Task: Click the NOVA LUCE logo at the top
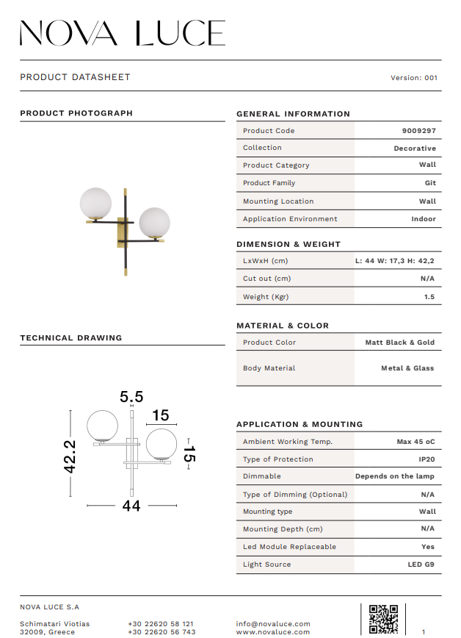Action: [122, 33]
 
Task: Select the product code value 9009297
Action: [418, 131]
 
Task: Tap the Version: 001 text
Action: [414, 77]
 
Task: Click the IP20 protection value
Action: [426, 459]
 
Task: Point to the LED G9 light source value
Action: [421, 564]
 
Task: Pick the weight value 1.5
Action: [429, 297]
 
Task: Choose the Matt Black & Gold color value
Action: [399, 343]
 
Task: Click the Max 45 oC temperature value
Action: [415, 442]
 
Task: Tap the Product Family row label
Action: [269, 183]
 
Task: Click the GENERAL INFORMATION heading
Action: [293, 114]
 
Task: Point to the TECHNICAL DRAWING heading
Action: [70, 338]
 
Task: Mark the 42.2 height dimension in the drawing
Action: [70, 456]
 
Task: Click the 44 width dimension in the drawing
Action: [131, 506]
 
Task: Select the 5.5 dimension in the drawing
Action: [131, 397]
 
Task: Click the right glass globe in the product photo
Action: [154, 222]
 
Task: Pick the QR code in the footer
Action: [383, 619]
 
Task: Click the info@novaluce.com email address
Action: [273, 624]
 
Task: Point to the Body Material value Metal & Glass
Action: [407, 368]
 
